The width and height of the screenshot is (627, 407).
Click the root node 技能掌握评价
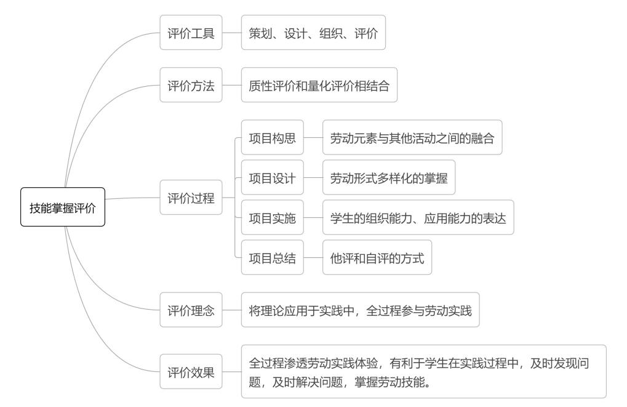(x=63, y=208)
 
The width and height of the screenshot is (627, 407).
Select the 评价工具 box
(x=191, y=33)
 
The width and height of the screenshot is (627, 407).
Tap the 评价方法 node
(x=191, y=85)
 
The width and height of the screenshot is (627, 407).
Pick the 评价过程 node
(x=191, y=198)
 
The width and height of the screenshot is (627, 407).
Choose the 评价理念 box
(x=191, y=310)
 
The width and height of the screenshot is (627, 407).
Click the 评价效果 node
(x=191, y=372)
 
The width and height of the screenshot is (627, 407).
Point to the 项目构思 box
(x=272, y=138)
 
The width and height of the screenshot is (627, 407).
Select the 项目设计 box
(x=272, y=178)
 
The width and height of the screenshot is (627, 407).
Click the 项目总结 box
(x=272, y=257)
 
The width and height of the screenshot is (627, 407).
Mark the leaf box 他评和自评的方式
(x=377, y=257)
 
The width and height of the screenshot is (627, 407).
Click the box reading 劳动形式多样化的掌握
(x=389, y=178)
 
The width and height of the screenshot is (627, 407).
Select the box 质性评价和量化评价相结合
(x=319, y=85)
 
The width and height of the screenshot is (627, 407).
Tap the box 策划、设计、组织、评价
(x=313, y=33)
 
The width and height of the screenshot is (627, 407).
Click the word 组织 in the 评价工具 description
(x=332, y=33)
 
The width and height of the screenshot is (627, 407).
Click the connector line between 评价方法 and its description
(x=231, y=85)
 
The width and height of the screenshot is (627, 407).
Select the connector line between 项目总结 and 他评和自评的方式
(x=313, y=257)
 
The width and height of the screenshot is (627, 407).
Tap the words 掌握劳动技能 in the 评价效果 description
(x=391, y=382)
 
